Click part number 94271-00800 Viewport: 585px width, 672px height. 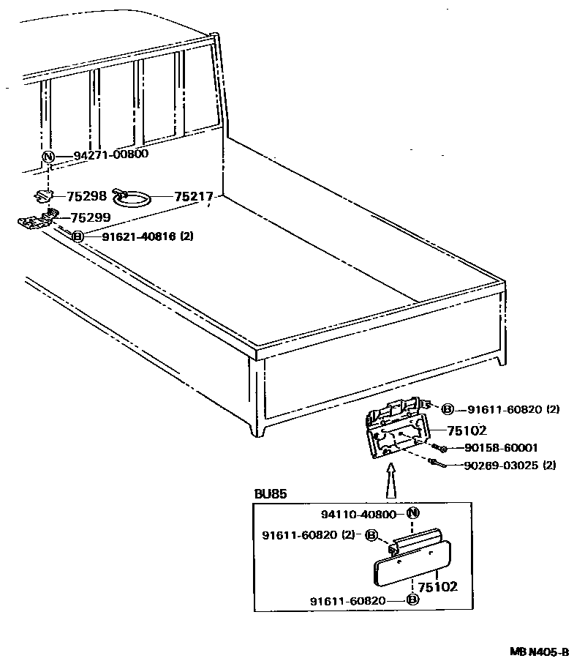click(111, 154)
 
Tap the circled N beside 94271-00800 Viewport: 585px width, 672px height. click(48, 157)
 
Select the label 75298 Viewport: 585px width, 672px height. click(86, 196)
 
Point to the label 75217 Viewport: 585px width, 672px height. click(193, 196)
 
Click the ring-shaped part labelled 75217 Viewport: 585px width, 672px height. click(135, 198)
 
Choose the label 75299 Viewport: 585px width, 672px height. click(89, 217)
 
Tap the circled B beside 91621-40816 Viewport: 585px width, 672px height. click(78, 236)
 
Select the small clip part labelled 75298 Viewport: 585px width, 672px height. click(45, 195)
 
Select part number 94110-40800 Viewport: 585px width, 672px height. click(363, 514)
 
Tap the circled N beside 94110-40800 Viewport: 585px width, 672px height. click(412, 513)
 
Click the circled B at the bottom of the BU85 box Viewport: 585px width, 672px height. click(412, 601)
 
